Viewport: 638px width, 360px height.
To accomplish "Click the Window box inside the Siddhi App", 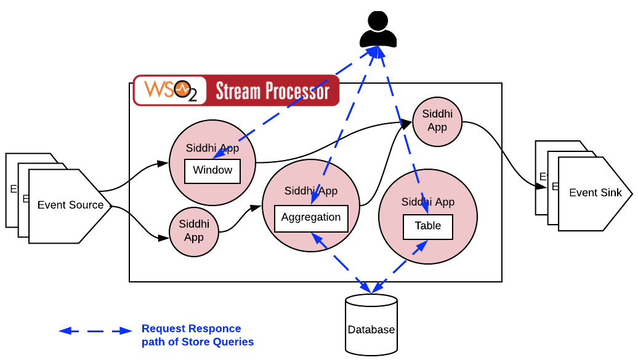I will [212, 170].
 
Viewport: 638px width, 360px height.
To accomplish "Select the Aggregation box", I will [311, 218].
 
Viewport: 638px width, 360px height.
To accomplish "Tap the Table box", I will [428, 226].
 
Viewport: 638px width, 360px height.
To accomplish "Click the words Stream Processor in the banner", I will [272, 92].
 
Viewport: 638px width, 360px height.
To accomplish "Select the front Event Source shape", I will [70, 206].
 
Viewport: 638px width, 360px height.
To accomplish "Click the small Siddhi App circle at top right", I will [437, 121].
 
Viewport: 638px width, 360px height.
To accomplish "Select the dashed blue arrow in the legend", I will [95, 331].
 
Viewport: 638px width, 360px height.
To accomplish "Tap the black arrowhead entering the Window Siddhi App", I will [163, 164].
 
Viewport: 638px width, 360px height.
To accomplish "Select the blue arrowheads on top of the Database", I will [371, 288].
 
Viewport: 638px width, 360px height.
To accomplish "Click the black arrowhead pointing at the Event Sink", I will [541, 186].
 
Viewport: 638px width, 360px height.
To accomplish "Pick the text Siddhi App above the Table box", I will [428, 202].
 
